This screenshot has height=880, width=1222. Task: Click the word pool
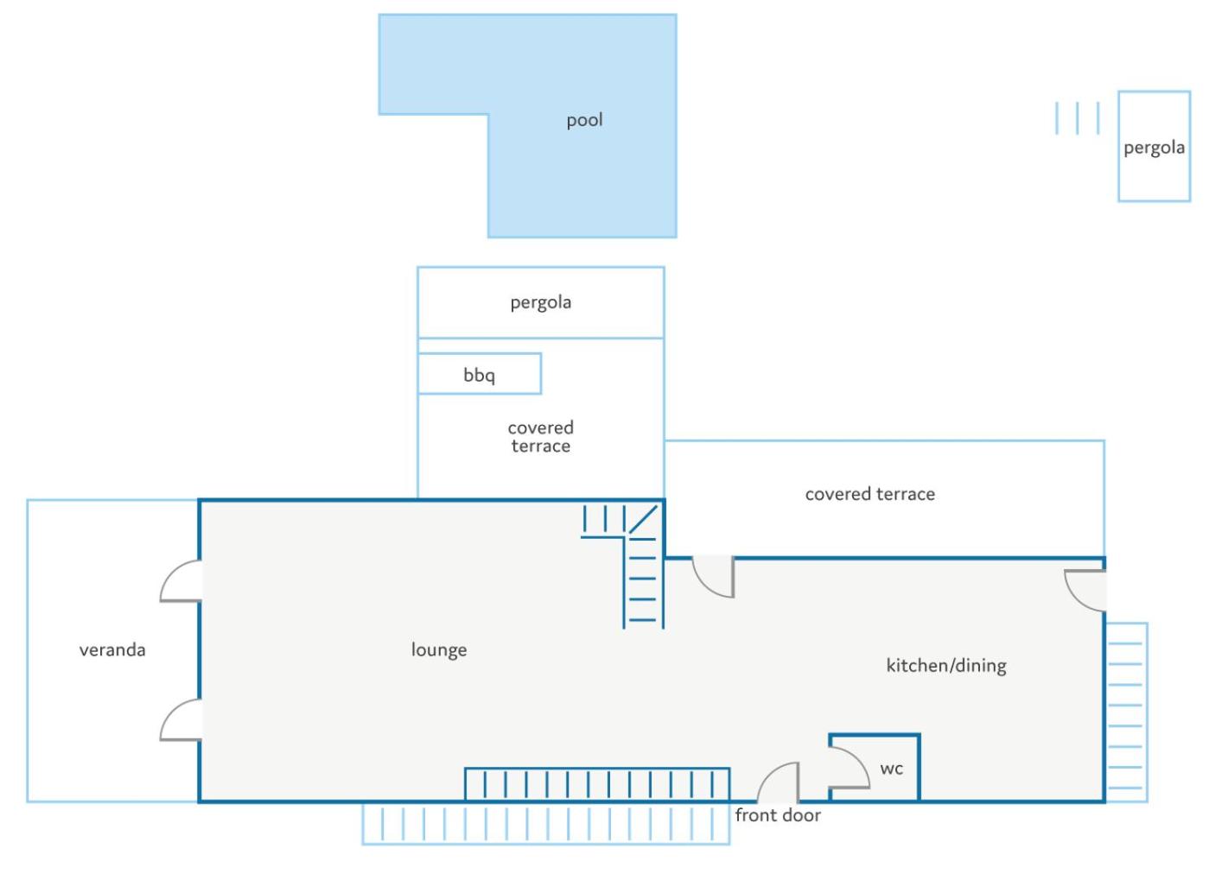(x=584, y=121)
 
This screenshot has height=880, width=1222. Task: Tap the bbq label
(x=479, y=376)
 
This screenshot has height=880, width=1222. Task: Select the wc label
(x=891, y=769)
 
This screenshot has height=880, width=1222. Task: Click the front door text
(x=778, y=816)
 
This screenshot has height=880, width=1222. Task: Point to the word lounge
(x=439, y=650)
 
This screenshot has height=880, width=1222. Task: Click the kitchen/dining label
(x=946, y=666)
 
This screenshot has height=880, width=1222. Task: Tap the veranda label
(x=112, y=650)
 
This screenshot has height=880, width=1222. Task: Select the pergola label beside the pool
(x=1154, y=149)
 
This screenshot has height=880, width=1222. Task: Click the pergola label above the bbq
(x=541, y=303)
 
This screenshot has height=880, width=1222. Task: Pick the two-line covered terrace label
(x=541, y=437)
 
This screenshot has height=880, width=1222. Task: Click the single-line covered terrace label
(x=870, y=495)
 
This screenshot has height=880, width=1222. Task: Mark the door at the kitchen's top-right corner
(x=1076, y=598)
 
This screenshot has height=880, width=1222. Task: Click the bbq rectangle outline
(x=480, y=354)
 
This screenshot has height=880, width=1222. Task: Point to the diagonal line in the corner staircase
(x=643, y=520)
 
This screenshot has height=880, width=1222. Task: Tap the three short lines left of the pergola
(x=1078, y=118)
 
